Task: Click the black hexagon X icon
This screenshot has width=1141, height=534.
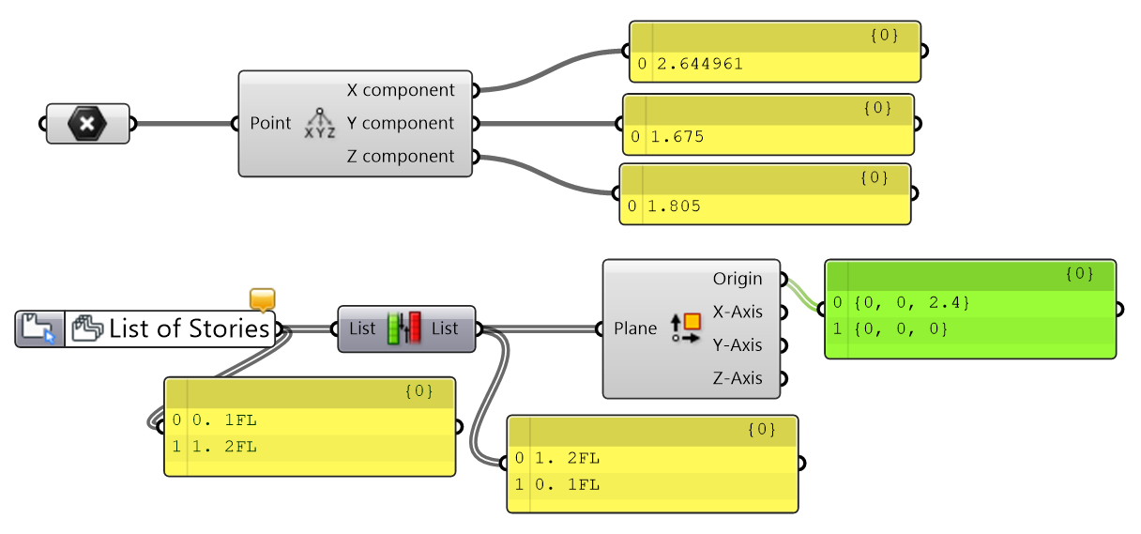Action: click(87, 123)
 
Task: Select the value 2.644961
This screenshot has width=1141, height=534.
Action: click(700, 64)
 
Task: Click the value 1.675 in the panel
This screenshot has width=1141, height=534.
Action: click(677, 137)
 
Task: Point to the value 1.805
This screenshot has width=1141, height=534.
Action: click(674, 206)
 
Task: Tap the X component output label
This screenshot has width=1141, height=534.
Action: click(401, 90)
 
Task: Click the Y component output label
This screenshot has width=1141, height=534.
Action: click(401, 123)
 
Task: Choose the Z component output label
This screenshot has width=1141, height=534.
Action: click(401, 157)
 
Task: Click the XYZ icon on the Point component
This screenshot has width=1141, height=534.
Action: click(320, 123)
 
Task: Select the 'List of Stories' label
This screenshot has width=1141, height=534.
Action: click(189, 328)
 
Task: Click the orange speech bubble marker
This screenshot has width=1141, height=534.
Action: click(263, 299)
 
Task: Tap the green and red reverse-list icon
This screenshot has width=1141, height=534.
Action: click(403, 328)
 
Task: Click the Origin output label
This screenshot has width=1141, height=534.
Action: click(738, 279)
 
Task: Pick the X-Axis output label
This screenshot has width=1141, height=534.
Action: click(738, 312)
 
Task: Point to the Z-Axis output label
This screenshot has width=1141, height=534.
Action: click(738, 378)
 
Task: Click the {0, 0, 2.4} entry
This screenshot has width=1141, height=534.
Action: click(912, 303)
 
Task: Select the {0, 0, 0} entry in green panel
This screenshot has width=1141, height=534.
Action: click(901, 329)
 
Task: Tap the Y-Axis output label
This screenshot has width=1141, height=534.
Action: click(738, 345)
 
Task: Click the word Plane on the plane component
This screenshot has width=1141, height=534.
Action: click(634, 328)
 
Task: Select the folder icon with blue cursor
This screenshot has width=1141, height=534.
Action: click(38, 329)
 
